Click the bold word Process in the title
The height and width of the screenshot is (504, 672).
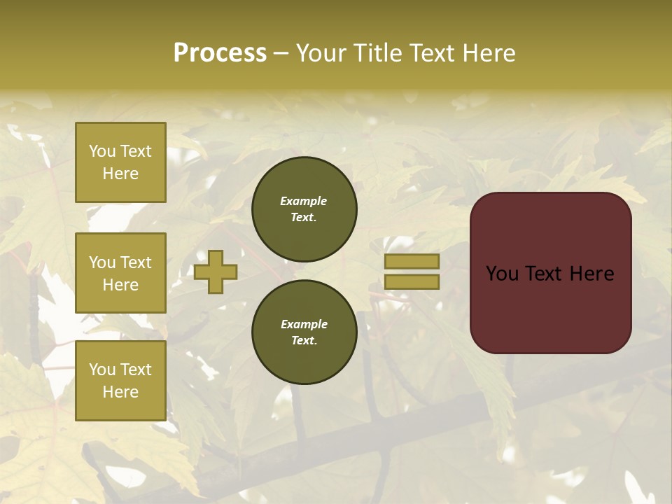coord(220,52)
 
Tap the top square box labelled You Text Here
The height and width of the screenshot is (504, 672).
coord(120,162)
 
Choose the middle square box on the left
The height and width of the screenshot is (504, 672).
coord(120,273)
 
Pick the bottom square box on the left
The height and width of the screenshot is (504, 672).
coord(120,381)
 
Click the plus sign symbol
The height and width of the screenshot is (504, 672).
coord(216,272)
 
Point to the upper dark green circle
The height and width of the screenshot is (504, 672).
coord(304,209)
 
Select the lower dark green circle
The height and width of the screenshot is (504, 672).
coord(304,332)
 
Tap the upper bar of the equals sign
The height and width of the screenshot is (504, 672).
coord(412,261)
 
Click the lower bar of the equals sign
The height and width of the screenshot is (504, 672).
coord(412,281)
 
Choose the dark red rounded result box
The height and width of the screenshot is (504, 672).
coord(550,273)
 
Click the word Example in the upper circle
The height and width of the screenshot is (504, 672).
coord(304,201)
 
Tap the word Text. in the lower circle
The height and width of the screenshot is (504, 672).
coord(304,341)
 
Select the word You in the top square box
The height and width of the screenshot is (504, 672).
coord(101,151)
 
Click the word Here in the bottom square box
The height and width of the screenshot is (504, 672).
coord(120,392)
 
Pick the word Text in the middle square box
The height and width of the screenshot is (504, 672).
coord(135,262)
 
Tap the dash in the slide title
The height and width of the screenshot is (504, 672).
coord(281,52)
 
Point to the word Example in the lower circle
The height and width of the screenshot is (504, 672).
coord(304,324)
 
